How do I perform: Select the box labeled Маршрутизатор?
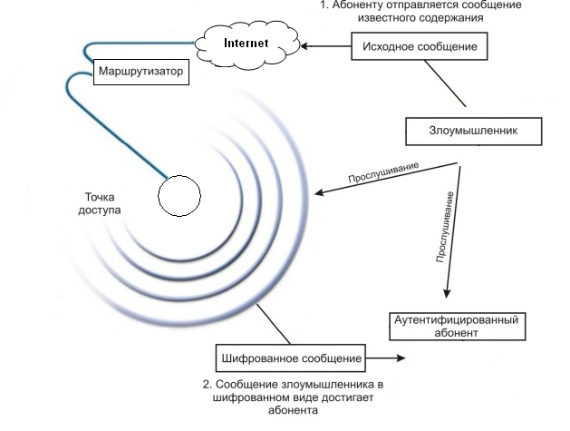click(x=141, y=72)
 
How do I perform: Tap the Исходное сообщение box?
click(x=420, y=46)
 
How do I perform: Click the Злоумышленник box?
click(x=474, y=131)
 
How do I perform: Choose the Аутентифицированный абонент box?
click(x=458, y=326)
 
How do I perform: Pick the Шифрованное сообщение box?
click(x=291, y=358)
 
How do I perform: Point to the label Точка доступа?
click(x=100, y=203)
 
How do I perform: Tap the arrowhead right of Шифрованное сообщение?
click(x=401, y=358)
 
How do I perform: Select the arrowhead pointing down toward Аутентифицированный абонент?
click(x=447, y=294)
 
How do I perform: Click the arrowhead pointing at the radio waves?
click(x=319, y=192)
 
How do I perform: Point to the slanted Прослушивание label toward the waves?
click(x=383, y=172)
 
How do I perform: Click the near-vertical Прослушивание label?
click(x=445, y=227)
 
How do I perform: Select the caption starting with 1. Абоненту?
click(x=420, y=11)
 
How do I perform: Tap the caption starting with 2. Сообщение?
click(x=293, y=397)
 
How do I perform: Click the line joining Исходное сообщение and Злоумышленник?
click(x=445, y=83)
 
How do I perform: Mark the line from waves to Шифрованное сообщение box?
click(x=274, y=324)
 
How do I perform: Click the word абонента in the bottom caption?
click(x=293, y=410)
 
